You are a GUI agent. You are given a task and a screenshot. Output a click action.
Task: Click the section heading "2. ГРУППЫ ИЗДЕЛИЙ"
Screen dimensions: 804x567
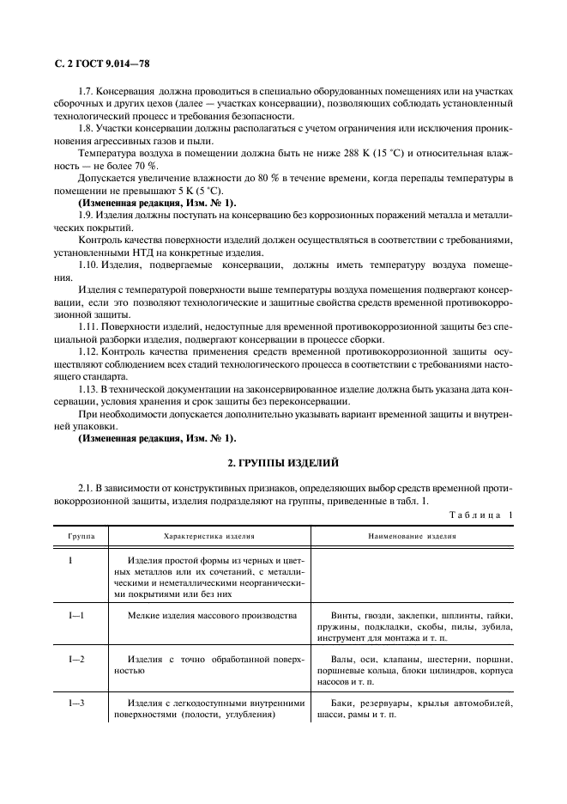283,462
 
